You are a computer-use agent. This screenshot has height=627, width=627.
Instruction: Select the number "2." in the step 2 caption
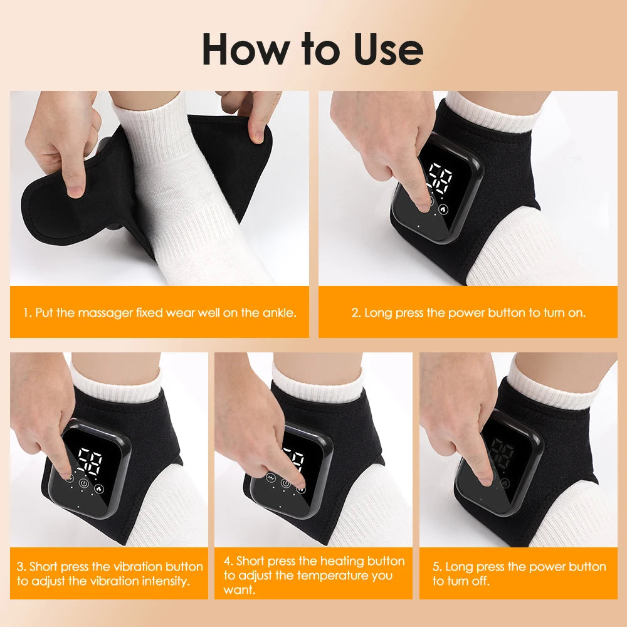pyautogui.click(x=356, y=312)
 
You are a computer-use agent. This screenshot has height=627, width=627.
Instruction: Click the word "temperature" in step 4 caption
pyautogui.click(x=329, y=576)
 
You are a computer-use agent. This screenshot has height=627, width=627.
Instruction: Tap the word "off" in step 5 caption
pyautogui.click(x=480, y=581)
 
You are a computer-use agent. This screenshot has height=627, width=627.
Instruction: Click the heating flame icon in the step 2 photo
pyautogui.click(x=444, y=210)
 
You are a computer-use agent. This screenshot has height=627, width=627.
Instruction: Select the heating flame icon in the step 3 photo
pyautogui.click(x=100, y=486)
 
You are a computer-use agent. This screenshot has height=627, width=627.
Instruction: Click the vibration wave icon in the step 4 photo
pyautogui.click(x=271, y=479)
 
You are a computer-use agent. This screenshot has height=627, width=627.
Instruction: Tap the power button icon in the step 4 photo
pyautogui.click(x=286, y=483)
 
